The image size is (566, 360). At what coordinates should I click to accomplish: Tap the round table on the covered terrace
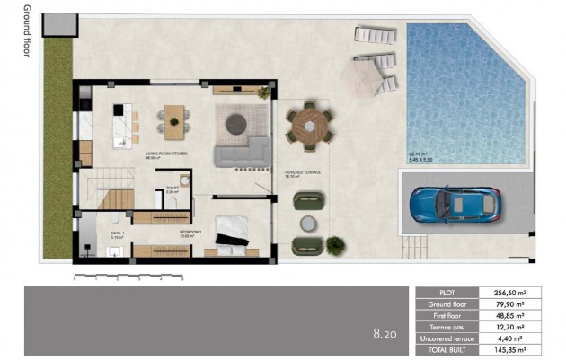(310, 126)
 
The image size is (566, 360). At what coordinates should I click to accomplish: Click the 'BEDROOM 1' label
(190, 231)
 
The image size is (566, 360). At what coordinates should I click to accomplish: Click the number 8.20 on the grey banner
(385, 334)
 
